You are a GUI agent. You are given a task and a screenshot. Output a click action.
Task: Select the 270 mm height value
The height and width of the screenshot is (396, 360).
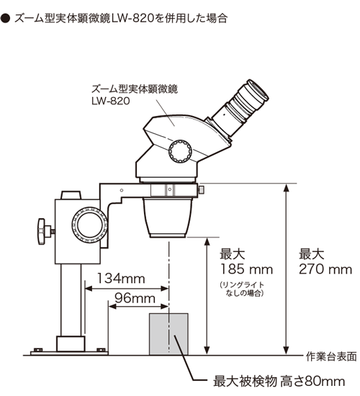click(x=325, y=270)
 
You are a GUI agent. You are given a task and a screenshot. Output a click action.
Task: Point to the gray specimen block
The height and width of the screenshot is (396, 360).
click(x=168, y=333)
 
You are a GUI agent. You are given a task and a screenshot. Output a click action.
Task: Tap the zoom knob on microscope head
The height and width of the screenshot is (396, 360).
click(x=180, y=150)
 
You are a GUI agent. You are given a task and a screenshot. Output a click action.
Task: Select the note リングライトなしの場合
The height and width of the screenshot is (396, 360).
click(x=243, y=289)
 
